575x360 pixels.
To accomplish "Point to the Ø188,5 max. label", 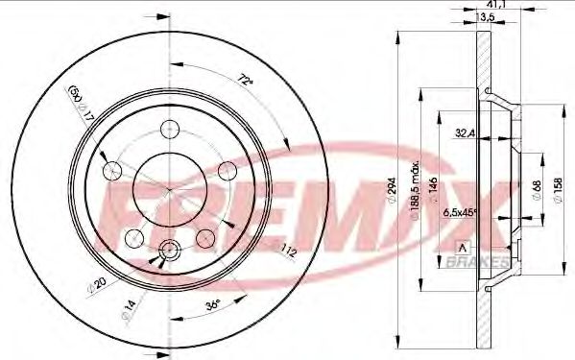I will pos(410,188).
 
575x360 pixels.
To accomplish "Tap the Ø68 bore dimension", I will pos(535,182).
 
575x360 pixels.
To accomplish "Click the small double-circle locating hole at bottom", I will pos(170,249).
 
